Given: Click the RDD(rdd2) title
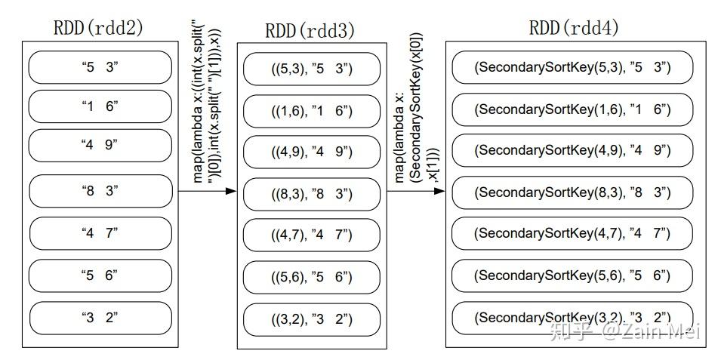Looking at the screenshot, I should (x=98, y=28).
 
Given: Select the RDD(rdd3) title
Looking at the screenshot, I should (x=310, y=30).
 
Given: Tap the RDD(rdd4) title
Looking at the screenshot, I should (x=574, y=28).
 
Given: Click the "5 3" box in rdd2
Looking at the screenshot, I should (x=100, y=68).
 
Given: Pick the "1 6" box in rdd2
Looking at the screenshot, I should (x=100, y=106).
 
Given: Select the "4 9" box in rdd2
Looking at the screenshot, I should (x=100, y=145).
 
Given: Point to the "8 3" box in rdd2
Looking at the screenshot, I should (x=100, y=191).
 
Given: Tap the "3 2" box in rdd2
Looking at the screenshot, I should (x=100, y=317).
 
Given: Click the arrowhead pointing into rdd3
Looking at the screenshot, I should (x=231, y=191).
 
